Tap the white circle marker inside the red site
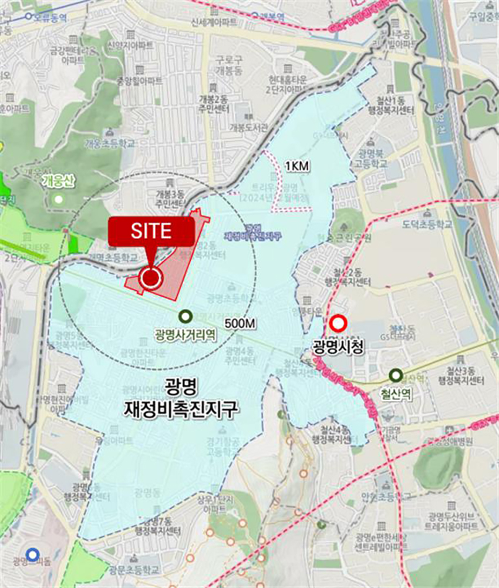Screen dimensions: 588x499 coord(151,278)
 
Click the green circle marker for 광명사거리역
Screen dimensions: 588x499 coord(186,317)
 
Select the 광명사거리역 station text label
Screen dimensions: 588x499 coord(186,334)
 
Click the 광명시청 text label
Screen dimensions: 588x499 coord(338,345)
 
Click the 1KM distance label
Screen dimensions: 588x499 coord(296,167)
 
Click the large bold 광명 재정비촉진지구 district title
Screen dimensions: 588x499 coord(181,397)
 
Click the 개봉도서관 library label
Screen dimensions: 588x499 coord(248,127)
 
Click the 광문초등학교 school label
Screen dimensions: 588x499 coord(134,570)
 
